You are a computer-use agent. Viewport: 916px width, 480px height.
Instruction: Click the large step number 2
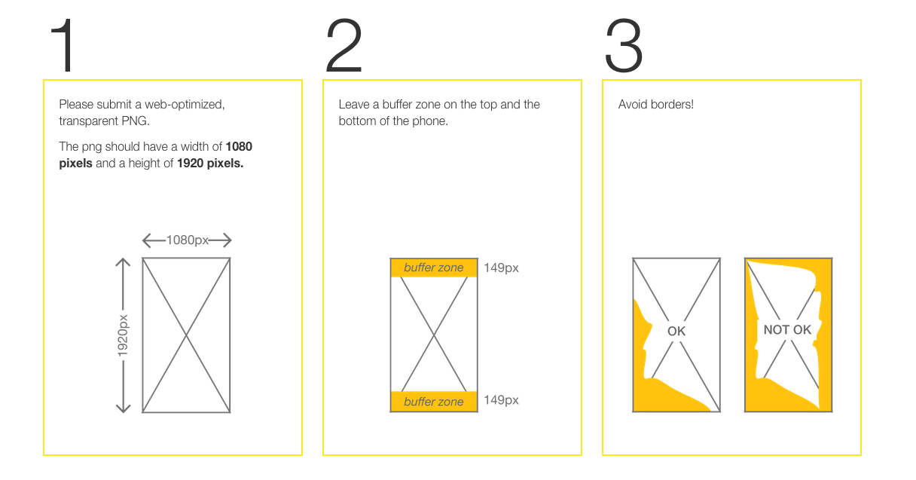coord(344,45)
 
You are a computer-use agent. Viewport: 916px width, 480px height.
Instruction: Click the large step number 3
coord(624,45)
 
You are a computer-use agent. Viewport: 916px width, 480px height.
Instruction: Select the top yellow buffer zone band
coord(434,268)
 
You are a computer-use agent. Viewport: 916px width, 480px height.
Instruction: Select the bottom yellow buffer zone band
coord(434,402)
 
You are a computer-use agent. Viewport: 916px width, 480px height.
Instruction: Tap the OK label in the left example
coord(676,331)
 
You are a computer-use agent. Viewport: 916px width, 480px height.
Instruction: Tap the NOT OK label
coord(787,330)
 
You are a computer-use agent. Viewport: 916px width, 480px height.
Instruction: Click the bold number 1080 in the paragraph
coord(239,146)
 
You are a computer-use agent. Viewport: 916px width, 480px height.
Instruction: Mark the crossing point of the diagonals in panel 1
coord(187,335)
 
